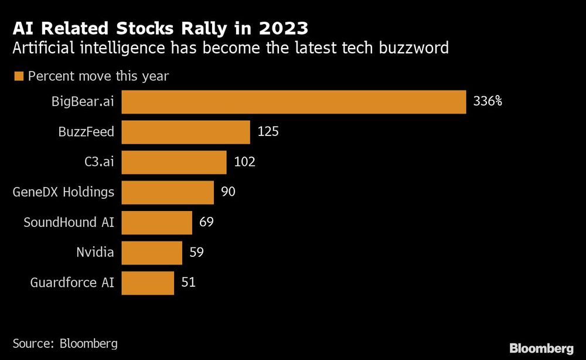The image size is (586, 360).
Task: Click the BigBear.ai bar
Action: point(293,101)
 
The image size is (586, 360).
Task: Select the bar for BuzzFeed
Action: point(185,132)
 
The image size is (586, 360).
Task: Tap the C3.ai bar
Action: point(173,162)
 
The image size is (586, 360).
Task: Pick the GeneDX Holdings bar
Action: point(167,192)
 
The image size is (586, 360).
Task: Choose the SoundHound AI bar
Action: point(156,223)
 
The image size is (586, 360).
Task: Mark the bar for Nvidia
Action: point(151,253)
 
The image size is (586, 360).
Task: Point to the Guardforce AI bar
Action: point(147,283)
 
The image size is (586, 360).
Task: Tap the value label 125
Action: point(268,132)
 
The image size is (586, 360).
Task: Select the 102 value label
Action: point(244,162)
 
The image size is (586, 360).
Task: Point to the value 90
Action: point(229,192)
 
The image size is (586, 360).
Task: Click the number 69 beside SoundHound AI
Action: point(207,223)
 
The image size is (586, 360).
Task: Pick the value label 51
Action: point(188,283)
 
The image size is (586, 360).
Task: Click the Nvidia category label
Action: point(95,253)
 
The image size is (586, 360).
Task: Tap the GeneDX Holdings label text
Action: point(63,192)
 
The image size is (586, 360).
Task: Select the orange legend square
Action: point(18,76)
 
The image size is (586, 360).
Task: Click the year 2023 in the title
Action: point(282,28)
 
